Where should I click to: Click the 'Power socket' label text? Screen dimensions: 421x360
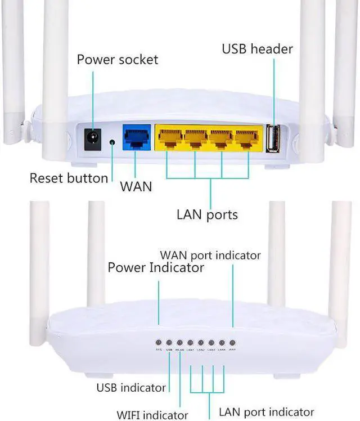117,60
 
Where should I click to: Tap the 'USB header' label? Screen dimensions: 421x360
257,49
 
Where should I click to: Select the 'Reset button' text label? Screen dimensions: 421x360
69,179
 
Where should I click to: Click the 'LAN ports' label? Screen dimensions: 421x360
207,214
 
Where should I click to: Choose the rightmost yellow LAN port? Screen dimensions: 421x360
247,138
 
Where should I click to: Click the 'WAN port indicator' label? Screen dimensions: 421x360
210,256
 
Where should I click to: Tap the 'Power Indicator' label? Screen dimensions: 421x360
156,267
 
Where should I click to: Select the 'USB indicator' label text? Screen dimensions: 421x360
131,388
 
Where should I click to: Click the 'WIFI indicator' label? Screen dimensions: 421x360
152,415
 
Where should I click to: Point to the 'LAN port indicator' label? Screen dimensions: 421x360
266,413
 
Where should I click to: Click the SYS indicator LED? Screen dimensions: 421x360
159,342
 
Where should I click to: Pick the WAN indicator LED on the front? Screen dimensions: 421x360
232,342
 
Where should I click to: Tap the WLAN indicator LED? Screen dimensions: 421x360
179,342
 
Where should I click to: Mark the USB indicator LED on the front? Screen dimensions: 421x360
169,342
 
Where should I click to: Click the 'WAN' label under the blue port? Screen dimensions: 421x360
136,186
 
